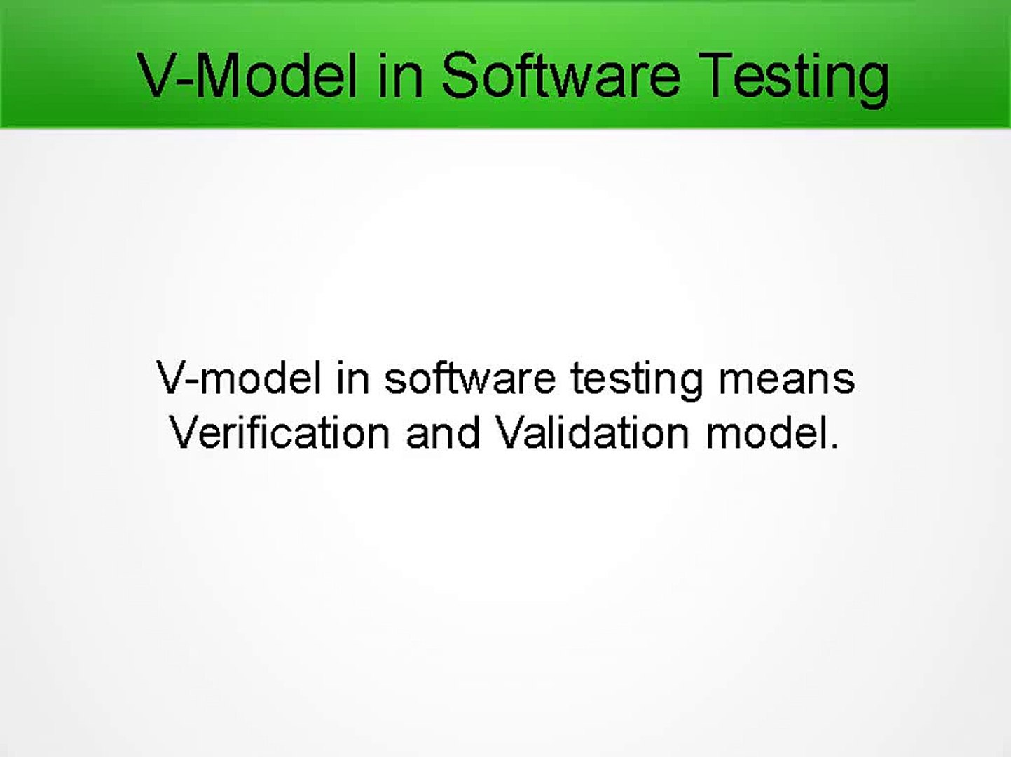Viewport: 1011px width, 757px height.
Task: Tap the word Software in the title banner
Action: [560, 75]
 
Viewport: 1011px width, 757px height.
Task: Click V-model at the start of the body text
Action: [239, 378]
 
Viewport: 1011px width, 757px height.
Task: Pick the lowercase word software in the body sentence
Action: [469, 378]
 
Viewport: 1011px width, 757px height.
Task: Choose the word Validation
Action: [593, 432]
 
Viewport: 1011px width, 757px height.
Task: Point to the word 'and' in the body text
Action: [443, 432]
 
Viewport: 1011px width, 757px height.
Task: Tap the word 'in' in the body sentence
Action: [352, 378]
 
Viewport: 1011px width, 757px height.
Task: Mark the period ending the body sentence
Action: [834, 446]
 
